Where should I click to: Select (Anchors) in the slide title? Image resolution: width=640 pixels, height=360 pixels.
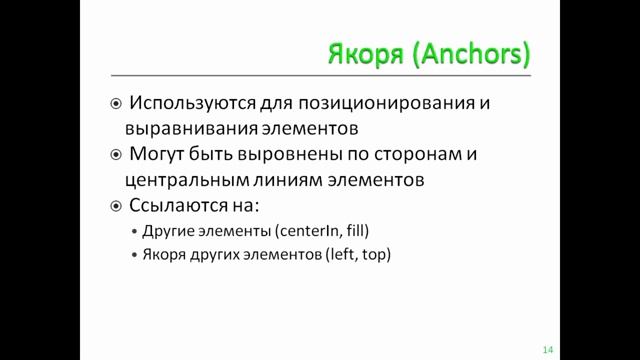468,53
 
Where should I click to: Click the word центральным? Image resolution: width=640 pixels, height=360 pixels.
182,181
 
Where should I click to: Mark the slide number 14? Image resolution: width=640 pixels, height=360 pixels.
547,349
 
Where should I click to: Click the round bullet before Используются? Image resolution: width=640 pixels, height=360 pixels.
116,103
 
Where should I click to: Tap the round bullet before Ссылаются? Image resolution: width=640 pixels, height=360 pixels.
116,207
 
